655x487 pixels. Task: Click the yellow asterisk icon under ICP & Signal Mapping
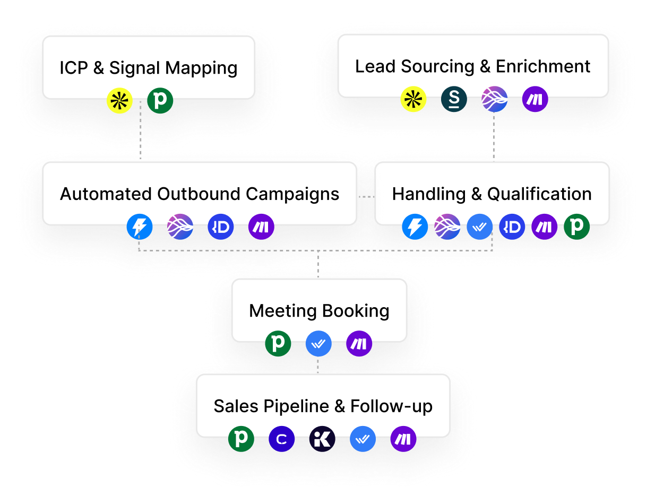[x=119, y=101]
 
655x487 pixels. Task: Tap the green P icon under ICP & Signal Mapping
[x=160, y=101]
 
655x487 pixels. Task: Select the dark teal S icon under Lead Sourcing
[x=454, y=99]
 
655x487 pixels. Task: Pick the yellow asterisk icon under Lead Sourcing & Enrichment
[x=413, y=99]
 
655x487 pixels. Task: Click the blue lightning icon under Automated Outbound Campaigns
[x=140, y=227]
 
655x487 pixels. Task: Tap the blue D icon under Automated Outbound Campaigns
[x=221, y=227]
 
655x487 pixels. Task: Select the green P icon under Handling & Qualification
[x=576, y=227]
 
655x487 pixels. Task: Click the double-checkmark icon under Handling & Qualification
[x=479, y=227]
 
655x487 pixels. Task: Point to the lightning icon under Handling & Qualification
[x=415, y=227]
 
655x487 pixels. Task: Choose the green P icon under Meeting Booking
[x=278, y=344]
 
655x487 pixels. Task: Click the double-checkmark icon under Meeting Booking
[x=318, y=344]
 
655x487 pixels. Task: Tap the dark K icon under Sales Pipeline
[x=322, y=439]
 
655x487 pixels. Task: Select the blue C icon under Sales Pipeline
[x=281, y=439]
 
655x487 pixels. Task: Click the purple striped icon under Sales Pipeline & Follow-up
[x=403, y=439]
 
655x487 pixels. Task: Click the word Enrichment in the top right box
[x=543, y=66]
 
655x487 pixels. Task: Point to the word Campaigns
[x=292, y=195]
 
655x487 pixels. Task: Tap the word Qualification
[x=539, y=194]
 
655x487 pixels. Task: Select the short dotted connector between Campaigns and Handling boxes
[x=366, y=197]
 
